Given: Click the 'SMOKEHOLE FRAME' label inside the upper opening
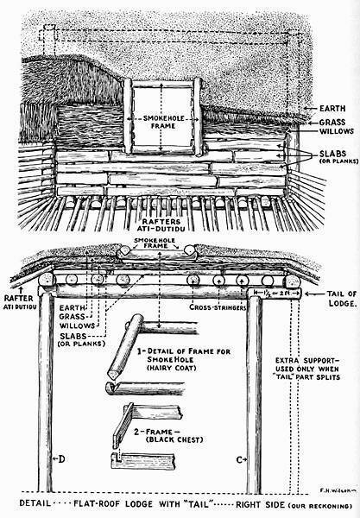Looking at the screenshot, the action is click(x=163, y=122).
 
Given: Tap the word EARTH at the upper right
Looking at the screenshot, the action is click(x=332, y=109).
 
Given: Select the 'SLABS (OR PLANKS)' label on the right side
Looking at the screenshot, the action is click(x=338, y=157).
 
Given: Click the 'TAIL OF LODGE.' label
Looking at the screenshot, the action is click(x=342, y=299).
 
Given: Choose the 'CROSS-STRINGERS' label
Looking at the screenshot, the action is click(x=218, y=306).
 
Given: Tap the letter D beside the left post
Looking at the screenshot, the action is click(x=61, y=458).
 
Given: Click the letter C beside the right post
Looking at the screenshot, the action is click(x=240, y=459).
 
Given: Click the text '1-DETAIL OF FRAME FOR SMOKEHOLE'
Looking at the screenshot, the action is click(x=184, y=355).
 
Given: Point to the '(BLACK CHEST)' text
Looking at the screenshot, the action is click(x=174, y=439).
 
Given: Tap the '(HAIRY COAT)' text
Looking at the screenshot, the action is click(x=172, y=368).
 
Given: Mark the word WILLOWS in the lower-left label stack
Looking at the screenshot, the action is click(x=78, y=325).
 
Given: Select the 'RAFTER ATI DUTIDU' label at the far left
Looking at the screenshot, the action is click(x=18, y=302).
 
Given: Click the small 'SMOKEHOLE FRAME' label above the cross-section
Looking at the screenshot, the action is click(x=155, y=243).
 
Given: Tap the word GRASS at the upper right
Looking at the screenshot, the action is click(x=332, y=123).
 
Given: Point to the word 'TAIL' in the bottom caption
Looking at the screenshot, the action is click(x=198, y=504).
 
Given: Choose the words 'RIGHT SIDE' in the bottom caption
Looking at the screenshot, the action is click(x=260, y=505).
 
